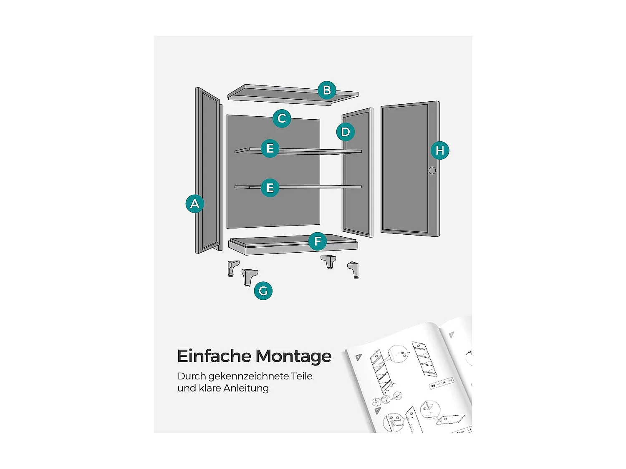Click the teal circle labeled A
coord(194,204)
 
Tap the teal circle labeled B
coord(327,90)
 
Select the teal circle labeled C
coord(282,118)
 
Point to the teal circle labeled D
coord(346,132)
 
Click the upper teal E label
coord(270,148)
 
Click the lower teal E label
coord(270,188)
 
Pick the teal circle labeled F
coord(318,241)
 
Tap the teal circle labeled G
coord(263,291)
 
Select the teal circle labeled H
coord(440,150)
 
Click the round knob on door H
coord(432,171)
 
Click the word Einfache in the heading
coord(214,356)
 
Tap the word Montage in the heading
coord(293,356)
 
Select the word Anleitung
coord(246,388)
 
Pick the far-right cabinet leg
coord(353,269)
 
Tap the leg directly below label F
coord(329,262)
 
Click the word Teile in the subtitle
coord(302,376)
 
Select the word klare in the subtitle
coord(210,388)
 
